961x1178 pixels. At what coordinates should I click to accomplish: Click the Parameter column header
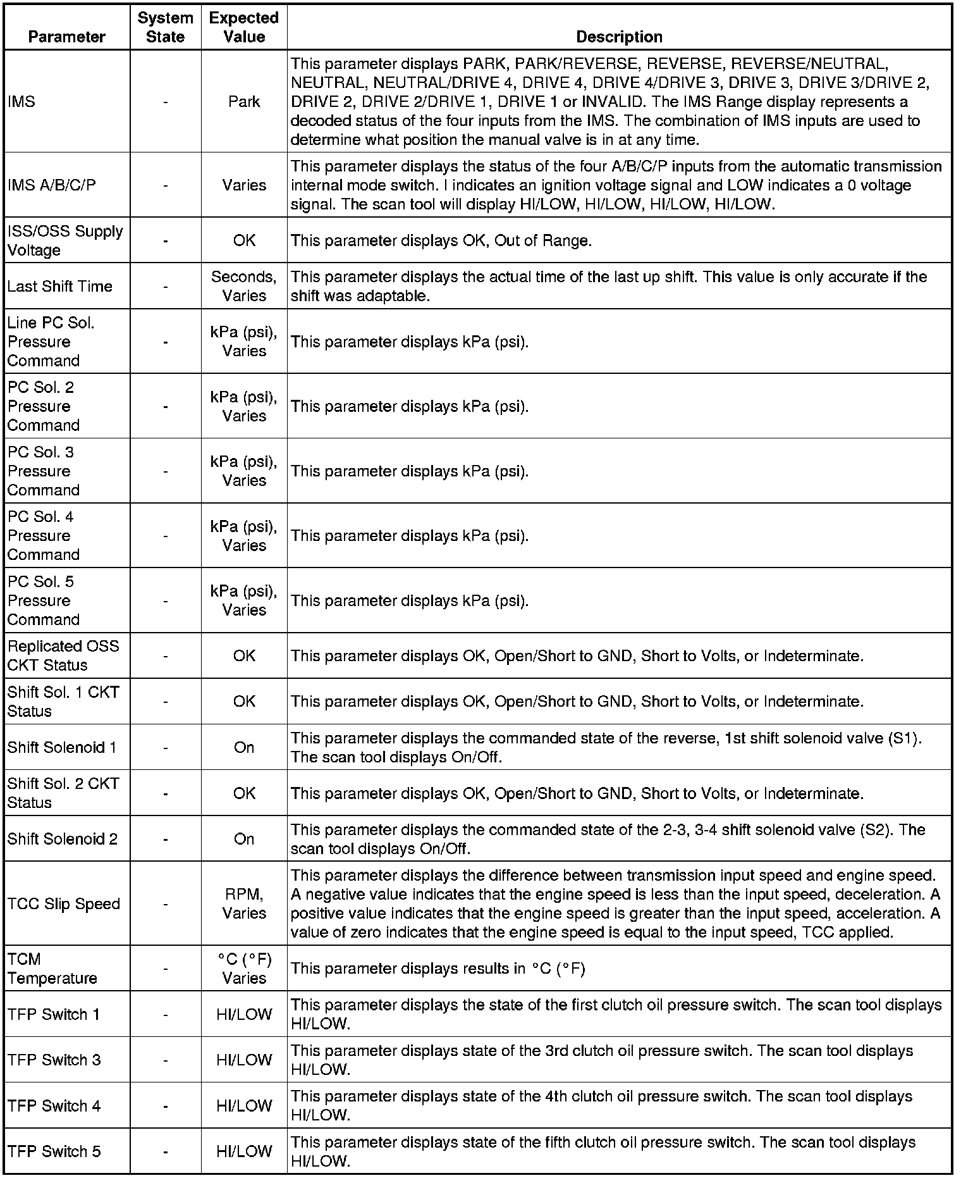coord(66,37)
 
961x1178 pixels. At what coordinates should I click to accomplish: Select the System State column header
coord(165,27)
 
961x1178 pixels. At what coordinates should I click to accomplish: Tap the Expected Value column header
coord(244,27)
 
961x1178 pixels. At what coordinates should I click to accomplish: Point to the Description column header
coord(619,37)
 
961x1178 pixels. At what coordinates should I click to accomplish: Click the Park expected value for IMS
coord(244,102)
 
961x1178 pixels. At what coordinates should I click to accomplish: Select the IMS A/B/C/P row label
coord(52,185)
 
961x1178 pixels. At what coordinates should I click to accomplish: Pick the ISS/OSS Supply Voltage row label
coord(65,240)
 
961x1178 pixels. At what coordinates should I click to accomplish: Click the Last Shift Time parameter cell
coord(60,286)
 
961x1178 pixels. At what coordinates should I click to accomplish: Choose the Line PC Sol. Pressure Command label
coord(51,342)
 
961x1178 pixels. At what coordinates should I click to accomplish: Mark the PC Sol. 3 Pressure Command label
coord(44,471)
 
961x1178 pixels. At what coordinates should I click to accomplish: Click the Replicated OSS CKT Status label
coord(63,655)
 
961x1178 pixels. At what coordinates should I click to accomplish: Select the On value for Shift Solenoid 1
coord(244,747)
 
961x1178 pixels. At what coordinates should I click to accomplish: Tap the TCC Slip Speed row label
coord(64,903)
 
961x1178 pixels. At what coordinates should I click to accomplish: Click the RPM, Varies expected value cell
coord(244,903)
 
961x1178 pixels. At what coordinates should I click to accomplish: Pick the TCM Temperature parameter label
coord(52,969)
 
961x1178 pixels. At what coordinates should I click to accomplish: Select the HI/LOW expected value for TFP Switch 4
coord(244,1106)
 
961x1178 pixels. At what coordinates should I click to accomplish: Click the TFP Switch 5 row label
coord(54,1151)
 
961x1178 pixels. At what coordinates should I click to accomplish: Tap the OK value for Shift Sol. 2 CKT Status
coord(244,793)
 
